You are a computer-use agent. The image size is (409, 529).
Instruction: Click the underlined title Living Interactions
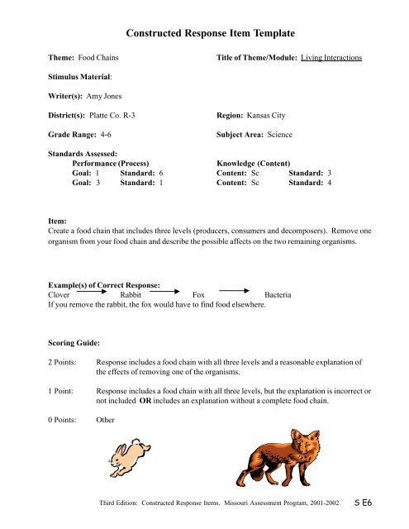coord(331,58)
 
